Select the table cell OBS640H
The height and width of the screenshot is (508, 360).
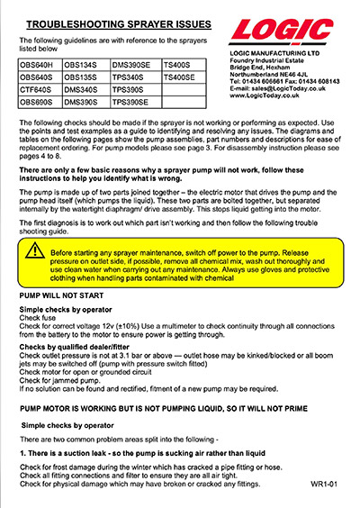[39, 66]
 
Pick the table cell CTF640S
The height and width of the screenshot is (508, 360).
[39, 91]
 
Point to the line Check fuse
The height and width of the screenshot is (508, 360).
[39, 318]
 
